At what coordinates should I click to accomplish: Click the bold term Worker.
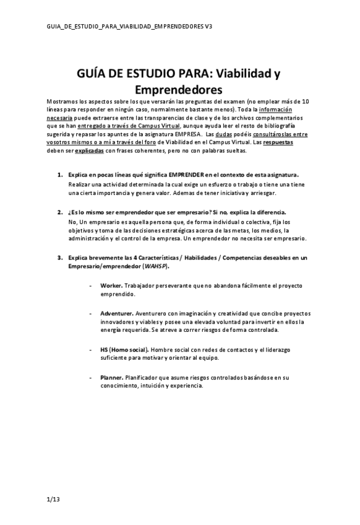point(111,285)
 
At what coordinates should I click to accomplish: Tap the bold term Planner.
point(111,376)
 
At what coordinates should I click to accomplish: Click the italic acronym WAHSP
point(155,266)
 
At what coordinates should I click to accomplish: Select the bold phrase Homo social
point(128,349)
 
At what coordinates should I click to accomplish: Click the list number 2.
point(59,212)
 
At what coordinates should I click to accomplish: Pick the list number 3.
point(59,257)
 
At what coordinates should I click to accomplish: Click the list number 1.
point(59,175)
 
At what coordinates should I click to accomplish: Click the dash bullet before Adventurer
point(92,313)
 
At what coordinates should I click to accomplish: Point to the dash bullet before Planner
point(92,376)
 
